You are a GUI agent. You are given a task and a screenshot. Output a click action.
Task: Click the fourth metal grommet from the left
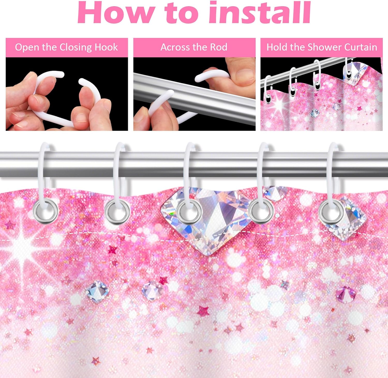[x=261, y=211]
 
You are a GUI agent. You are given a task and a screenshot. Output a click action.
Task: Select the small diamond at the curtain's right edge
[x=349, y=220]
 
